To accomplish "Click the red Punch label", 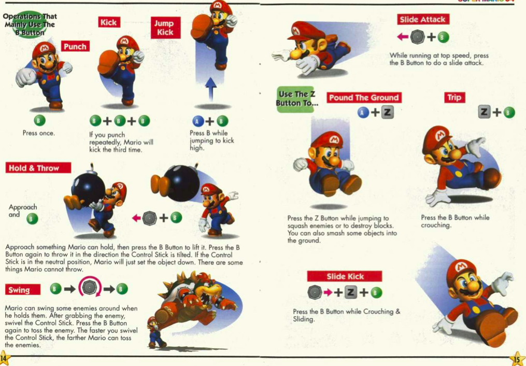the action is pyautogui.click(x=75, y=46).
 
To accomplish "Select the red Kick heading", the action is pyautogui.click(x=109, y=22).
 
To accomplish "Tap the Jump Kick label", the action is pyautogui.click(x=165, y=27).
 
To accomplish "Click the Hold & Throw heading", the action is pyautogui.click(x=38, y=168).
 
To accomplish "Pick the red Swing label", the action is pyautogui.click(x=22, y=289).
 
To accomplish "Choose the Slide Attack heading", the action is pyautogui.click(x=423, y=20).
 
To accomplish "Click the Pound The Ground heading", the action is pyautogui.click(x=364, y=97).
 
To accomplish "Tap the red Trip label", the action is pyautogui.click(x=454, y=97).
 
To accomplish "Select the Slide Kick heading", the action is pyautogui.click(x=345, y=276).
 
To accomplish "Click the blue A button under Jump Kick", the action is pyautogui.click(x=198, y=121).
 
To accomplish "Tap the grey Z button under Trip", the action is pyautogui.click(x=484, y=111).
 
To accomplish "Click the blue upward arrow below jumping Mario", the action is pyautogui.click(x=211, y=89).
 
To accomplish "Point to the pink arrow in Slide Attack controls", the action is pyautogui.click(x=403, y=37).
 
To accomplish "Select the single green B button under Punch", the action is pyautogui.click(x=39, y=120).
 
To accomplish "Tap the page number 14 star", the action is pyautogui.click(x=4, y=358).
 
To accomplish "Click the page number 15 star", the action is pyautogui.click(x=518, y=359).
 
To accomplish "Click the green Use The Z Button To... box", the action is pyautogui.click(x=296, y=100).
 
